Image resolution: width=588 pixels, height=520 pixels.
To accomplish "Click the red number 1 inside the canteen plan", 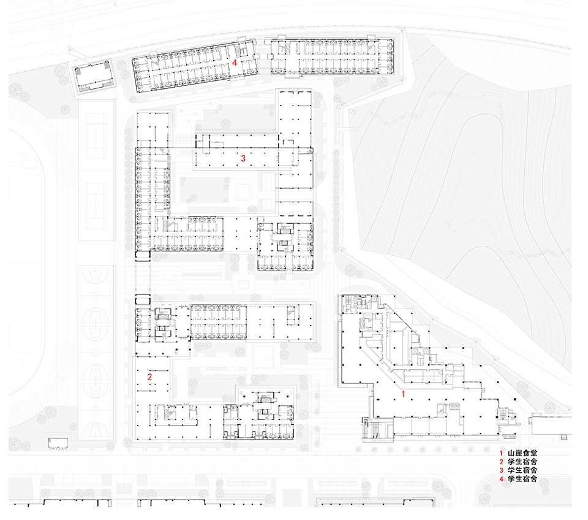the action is click(404, 394).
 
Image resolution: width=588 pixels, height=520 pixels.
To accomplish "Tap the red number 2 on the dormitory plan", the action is click(149, 377).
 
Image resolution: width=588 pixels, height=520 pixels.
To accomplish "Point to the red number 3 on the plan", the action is click(243, 158).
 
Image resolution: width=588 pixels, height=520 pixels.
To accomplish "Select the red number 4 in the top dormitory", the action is click(235, 63).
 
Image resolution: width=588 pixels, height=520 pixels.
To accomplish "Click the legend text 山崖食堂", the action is click(522, 453).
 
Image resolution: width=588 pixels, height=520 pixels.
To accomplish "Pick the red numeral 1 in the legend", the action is click(502, 453).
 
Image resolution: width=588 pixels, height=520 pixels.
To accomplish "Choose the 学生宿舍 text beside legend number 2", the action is click(522, 461).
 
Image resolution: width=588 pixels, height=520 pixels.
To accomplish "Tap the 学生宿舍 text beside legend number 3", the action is click(522, 470).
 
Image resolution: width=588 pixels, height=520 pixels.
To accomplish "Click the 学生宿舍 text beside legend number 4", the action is click(522, 479).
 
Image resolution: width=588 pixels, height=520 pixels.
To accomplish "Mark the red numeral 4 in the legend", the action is click(502, 479).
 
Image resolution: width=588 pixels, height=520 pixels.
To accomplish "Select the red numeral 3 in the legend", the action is click(502, 470).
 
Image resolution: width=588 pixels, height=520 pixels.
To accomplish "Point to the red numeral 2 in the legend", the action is click(502, 462).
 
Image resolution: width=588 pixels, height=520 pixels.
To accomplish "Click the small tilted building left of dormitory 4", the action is click(92, 77).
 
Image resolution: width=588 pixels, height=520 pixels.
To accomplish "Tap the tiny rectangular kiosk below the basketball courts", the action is click(58, 443).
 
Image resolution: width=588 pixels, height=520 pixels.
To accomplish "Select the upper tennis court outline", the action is click(96, 136).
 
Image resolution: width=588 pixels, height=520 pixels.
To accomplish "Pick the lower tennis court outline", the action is click(96, 206).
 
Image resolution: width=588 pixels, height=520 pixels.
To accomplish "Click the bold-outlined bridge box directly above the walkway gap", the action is click(143, 255).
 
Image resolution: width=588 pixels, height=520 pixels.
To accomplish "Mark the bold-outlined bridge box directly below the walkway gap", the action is click(143, 300).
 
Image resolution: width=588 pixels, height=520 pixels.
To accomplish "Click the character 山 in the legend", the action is click(511, 453).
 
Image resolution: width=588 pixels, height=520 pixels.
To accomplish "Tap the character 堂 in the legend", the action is click(533, 453).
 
